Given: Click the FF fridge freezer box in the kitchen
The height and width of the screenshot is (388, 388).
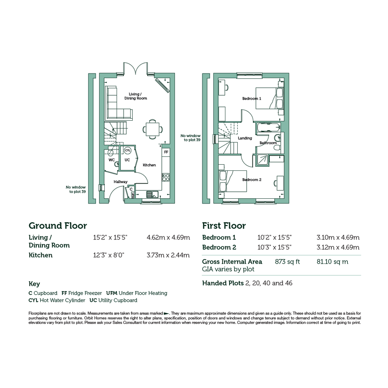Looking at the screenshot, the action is [x=166, y=152].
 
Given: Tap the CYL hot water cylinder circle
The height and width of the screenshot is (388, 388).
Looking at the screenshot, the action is [x=127, y=150].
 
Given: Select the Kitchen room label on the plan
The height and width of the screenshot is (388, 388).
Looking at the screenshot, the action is [x=149, y=165].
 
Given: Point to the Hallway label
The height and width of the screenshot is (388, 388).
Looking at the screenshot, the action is [x=121, y=182].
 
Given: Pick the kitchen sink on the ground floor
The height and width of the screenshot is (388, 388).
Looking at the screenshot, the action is [x=152, y=194].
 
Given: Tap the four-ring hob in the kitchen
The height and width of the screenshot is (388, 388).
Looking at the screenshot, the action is [x=166, y=177].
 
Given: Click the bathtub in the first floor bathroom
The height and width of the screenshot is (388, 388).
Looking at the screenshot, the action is [x=269, y=128].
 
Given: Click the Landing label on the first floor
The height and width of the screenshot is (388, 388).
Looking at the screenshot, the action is [x=245, y=138].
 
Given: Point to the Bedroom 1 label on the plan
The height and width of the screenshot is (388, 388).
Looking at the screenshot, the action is [x=252, y=99].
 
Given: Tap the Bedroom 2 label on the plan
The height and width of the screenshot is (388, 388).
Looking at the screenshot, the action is [x=252, y=180].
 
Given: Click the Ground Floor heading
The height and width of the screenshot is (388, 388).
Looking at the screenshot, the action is [x=57, y=226].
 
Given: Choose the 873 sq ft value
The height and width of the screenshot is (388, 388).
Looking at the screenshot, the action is [x=287, y=262].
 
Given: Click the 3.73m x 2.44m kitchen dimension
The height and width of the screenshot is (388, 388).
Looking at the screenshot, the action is [x=168, y=255].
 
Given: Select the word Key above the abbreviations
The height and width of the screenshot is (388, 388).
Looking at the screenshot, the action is [x=34, y=284].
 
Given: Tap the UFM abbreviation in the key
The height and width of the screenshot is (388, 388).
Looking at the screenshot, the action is [x=112, y=293].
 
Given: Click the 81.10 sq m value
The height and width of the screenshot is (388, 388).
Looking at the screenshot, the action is [x=332, y=262].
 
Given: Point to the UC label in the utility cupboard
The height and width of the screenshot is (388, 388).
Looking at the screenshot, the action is [x=127, y=160].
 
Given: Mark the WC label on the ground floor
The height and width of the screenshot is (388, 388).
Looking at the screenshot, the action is [x=112, y=160].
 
